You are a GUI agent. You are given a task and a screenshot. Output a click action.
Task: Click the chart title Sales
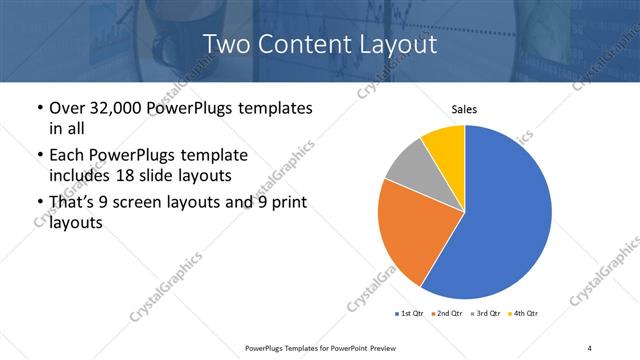(x=464, y=109)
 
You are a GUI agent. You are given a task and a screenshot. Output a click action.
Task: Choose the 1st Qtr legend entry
(x=411, y=314)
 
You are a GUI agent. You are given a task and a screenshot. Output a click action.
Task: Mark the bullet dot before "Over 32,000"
(x=39, y=108)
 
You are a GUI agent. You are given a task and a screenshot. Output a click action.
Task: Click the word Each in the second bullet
(x=67, y=156)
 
